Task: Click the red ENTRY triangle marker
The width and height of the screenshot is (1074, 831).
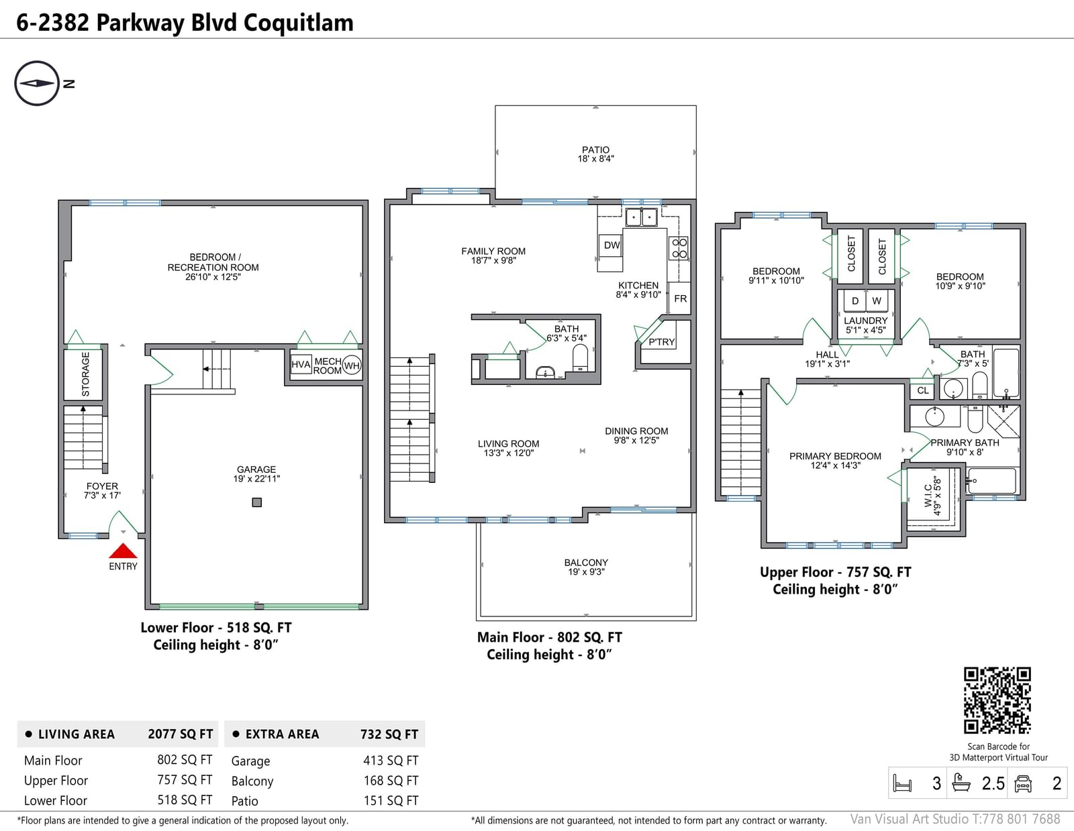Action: click(123, 551)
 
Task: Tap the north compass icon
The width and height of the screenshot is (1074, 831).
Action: click(37, 83)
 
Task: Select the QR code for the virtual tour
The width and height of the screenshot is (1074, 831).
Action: click(997, 700)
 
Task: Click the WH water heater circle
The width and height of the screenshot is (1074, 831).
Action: click(352, 366)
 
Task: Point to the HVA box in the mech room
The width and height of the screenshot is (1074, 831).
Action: click(301, 364)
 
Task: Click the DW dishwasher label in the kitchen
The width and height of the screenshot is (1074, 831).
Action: click(612, 245)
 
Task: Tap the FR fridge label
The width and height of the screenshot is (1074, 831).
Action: click(680, 298)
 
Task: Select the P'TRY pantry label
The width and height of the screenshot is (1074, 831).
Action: click(661, 341)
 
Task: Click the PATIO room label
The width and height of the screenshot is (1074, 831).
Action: click(595, 150)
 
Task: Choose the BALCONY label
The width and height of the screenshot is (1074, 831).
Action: click(586, 563)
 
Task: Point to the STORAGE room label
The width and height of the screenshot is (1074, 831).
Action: click(85, 374)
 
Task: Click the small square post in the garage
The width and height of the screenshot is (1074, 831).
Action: click(256, 502)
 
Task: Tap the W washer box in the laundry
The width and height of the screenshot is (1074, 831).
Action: click(876, 300)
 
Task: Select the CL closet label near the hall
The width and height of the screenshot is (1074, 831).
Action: click(923, 390)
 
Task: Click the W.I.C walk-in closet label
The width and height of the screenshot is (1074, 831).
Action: click(928, 495)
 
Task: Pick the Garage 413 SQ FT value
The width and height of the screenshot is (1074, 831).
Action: click(391, 761)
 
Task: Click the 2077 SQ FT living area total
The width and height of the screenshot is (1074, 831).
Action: click(181, 734)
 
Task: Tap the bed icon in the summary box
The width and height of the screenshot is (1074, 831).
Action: click(902, 783)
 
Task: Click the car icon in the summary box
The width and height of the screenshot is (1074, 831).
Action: click(1022, 783)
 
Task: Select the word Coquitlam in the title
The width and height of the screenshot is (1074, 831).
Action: click(299, 23)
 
